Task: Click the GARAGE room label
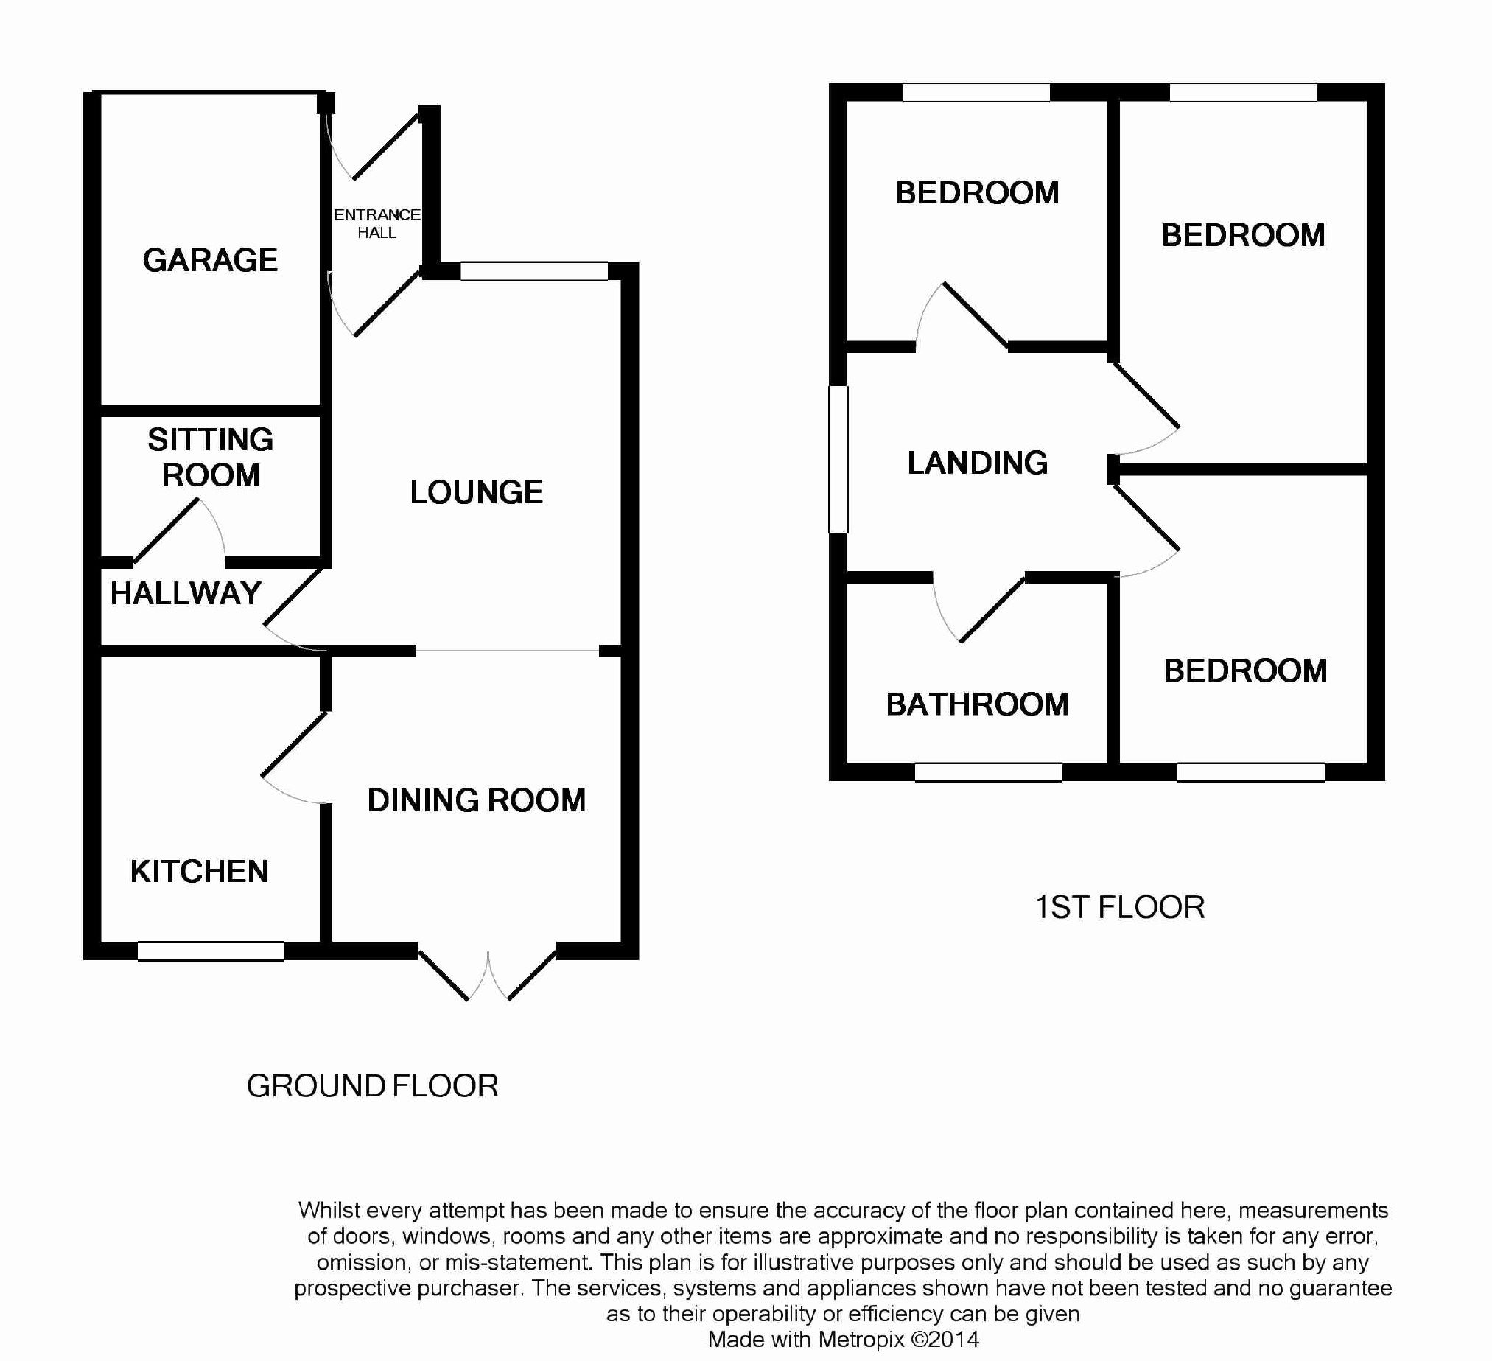pos(210,261)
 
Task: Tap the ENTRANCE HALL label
pos(376,223)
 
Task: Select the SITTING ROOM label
pos(211,458)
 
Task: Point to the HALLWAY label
pos(186,593)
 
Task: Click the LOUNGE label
pos(477,493)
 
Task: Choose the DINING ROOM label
pos(477,801)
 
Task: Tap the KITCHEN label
pos(199,872)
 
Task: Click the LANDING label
pos(978,463)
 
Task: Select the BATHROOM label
pos(978,704)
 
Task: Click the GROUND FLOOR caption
pos(372,1086)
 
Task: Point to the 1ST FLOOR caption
pos(1120,907)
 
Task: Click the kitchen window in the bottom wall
pos(211,951)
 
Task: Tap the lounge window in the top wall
pos(533,271)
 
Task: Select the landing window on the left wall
pos(838,460)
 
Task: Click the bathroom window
pos(989,772)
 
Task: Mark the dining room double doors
pos(488,976)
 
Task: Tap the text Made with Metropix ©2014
pos(843,1340)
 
